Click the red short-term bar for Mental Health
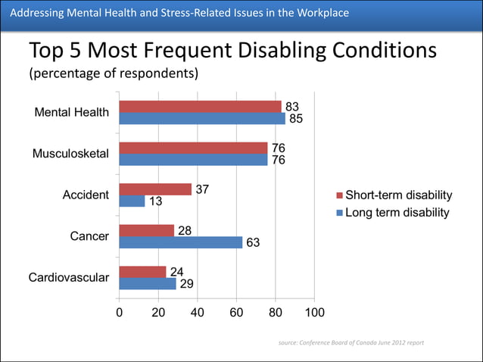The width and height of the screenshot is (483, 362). coord(200,107)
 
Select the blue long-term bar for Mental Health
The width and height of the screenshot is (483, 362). coord(202,118)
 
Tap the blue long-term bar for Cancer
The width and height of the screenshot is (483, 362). coord(180,242)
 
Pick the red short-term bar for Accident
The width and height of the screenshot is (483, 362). coord(155,189)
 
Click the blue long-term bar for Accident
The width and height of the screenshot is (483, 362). coord(132,201)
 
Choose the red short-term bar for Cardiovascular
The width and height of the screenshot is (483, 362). coord(142,272)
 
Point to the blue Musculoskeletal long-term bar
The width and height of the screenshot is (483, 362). coord(193,160)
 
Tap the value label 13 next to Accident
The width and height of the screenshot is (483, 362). coord(155,201)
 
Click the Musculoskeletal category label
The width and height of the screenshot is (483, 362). coord(70,154)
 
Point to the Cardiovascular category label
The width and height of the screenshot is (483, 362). coord(69,278)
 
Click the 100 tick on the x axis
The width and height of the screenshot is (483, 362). coord(314,312)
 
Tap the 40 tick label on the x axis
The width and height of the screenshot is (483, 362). coord(197,312)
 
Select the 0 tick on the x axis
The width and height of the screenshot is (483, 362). coord(119,312)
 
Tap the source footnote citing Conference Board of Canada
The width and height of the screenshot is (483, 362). coord(351,342)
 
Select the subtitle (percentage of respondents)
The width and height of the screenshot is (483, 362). coord(114,74)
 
